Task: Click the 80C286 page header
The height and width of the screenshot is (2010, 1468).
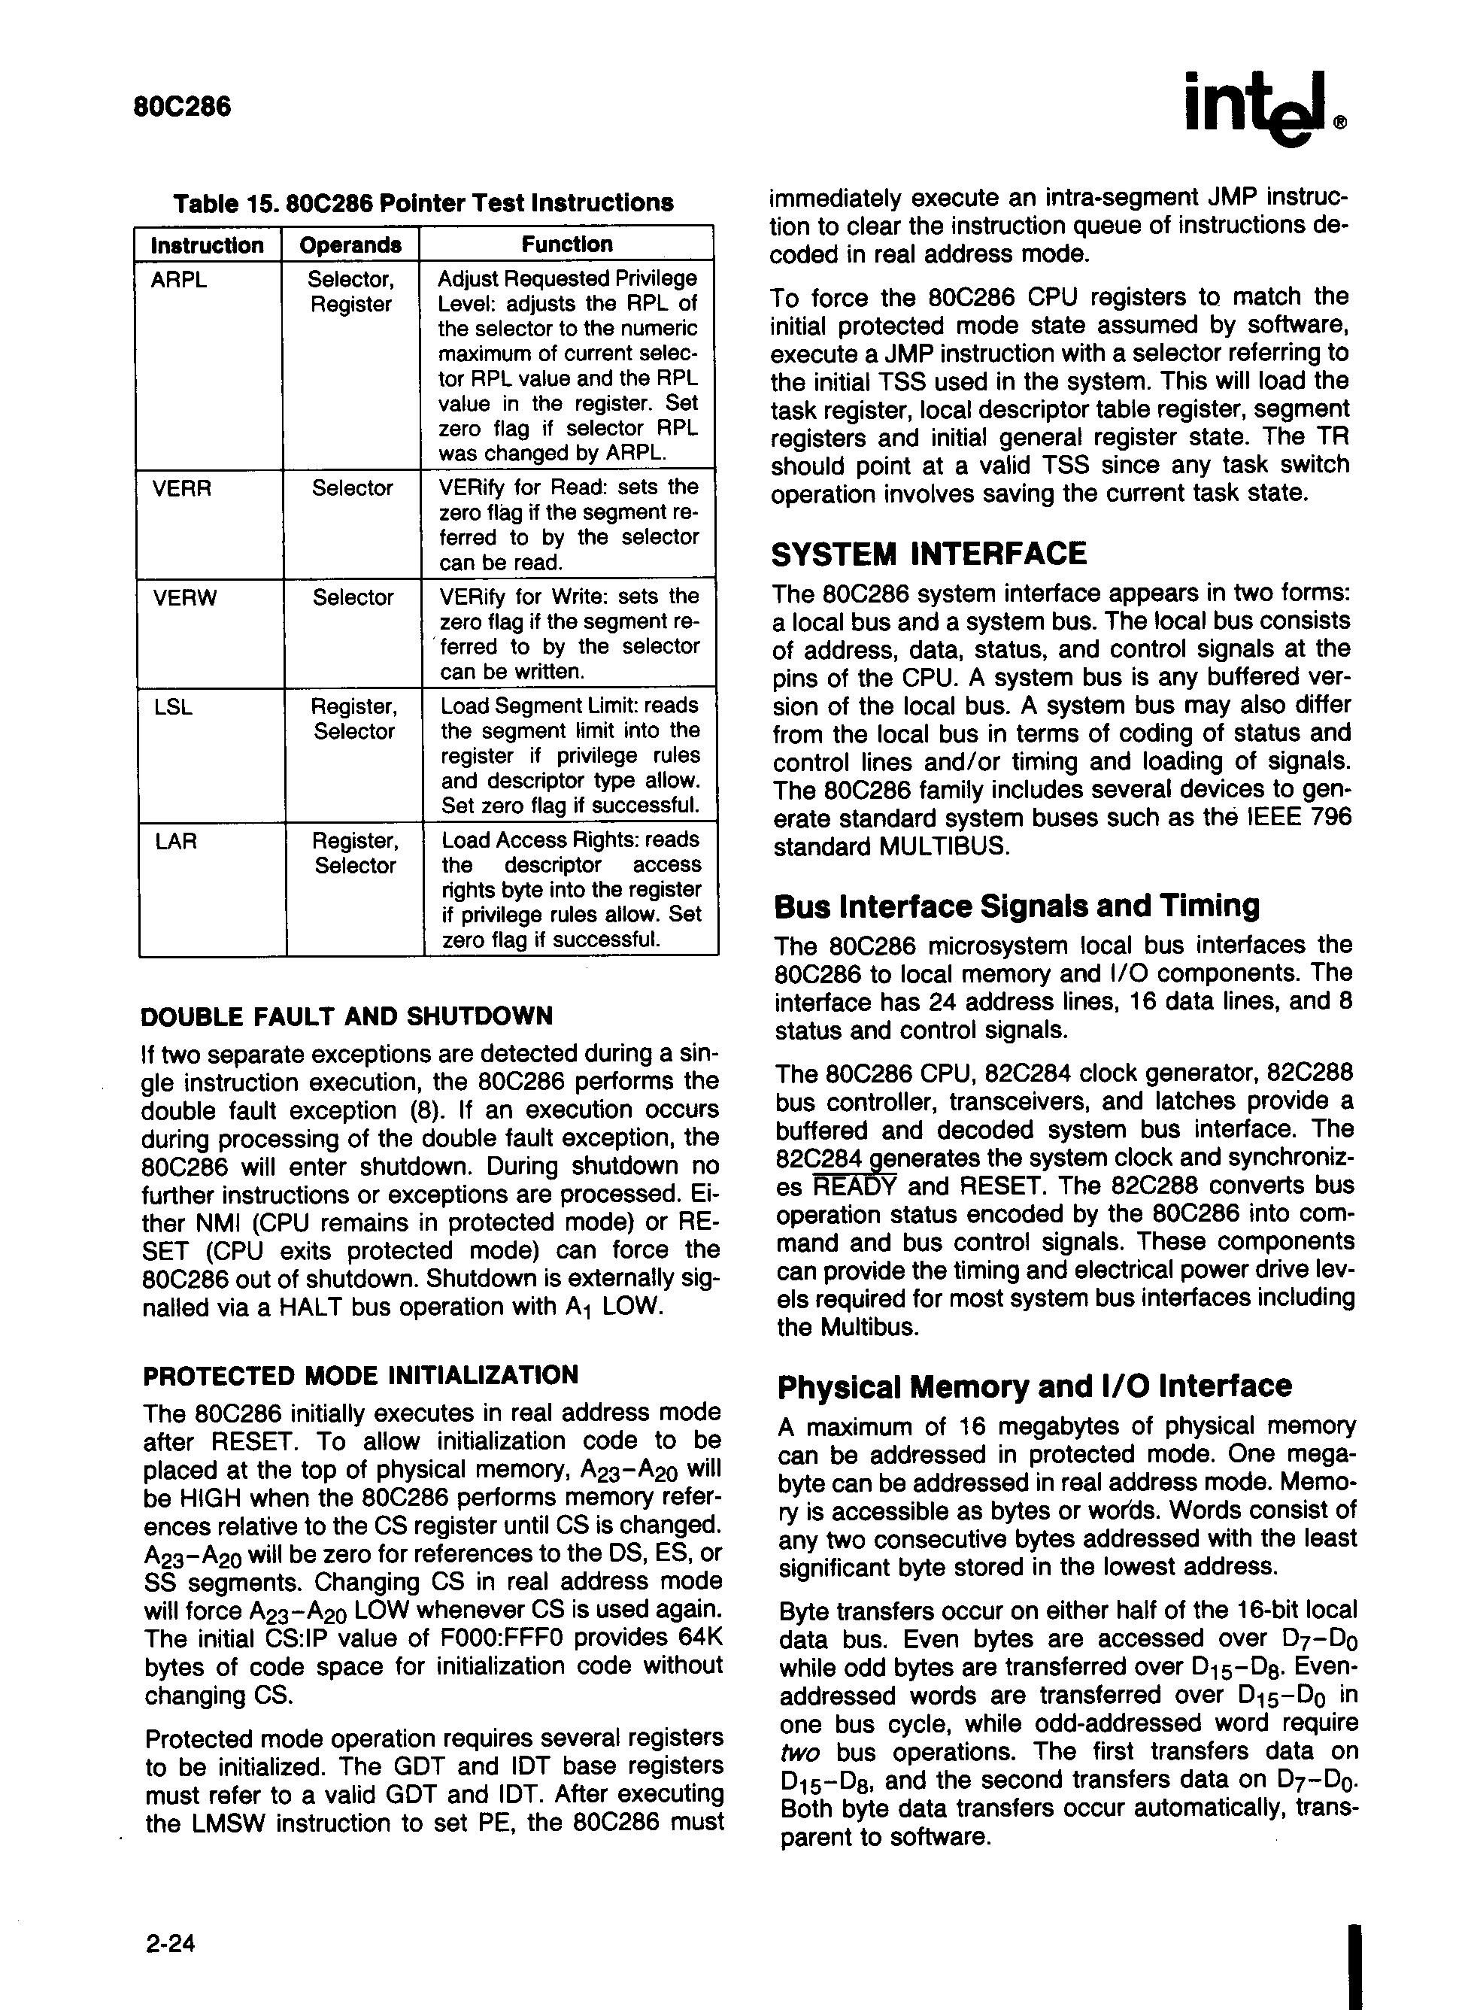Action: point(182,107)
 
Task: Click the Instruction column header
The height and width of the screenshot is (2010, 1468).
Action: point(207,244)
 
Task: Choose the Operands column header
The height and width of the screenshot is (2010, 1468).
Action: point(350,244)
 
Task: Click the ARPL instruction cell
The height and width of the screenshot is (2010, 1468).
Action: point(179,280)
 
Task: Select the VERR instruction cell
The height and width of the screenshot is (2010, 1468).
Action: point(182,488)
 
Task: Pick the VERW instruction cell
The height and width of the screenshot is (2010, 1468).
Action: point(184,597)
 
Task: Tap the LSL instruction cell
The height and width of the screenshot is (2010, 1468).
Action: point(173,707)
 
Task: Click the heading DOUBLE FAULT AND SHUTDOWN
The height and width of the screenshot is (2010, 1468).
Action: point(347,1015)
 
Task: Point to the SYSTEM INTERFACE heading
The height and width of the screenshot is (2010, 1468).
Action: point(929,554)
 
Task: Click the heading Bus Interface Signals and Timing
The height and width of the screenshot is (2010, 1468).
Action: point(1017,906)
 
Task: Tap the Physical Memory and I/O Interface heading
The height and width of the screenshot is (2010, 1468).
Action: point(1034,1386)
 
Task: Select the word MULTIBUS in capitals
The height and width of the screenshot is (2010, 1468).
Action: point(944,846)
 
